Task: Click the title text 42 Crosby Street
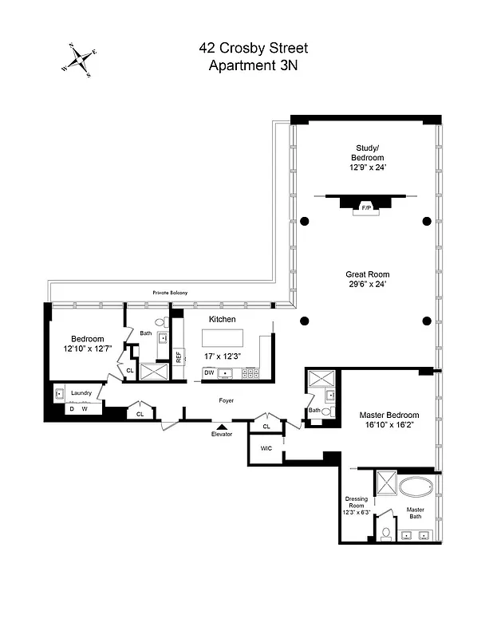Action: pos(253,49)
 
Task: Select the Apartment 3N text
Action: pos(253,65)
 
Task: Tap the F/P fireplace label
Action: pos(366,207)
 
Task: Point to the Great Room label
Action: pos(366,274)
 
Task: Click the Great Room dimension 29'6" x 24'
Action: pos(366,284)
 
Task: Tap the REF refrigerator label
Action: pos(179,357)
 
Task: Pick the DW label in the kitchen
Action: pos(209,372)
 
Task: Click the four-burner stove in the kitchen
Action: pos(250,372)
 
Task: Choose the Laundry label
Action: pos(81,392)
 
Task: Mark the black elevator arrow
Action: pos(222,427)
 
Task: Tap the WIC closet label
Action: pos(266,449)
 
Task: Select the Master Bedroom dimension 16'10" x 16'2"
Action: pos(388,426)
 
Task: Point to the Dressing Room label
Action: pos(356,503)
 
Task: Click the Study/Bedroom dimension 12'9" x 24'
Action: pos(369,168)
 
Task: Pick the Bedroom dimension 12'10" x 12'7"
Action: pos(88,349)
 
